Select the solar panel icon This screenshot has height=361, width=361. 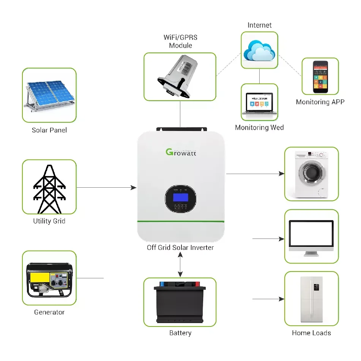click(49, 95)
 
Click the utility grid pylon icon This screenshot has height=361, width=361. click(49, 188)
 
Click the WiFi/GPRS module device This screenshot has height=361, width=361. click(180, 77)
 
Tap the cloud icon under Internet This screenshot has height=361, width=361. click(259, 50)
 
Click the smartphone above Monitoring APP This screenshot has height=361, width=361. click(320, 76)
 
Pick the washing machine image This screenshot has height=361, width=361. click(311, 174)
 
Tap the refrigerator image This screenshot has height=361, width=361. click(311, 298)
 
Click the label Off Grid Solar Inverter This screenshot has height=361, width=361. click(180, 248)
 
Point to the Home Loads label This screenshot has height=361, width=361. click(311, 333)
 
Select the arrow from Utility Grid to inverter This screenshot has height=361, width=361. click(106, 187)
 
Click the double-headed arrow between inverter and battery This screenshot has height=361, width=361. click(180, 265)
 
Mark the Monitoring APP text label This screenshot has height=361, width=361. click(320, 102)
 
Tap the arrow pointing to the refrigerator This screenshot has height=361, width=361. click(268, 299)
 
